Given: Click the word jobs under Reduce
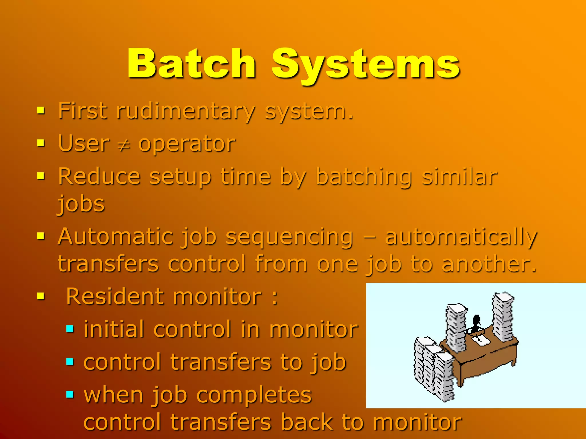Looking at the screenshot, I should (x=82, y=204).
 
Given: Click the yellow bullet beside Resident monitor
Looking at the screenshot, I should (x=41, y=296).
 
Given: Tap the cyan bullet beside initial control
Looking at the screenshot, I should (x=70, y=329).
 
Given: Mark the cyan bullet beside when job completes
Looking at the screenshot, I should (x=70, y=395).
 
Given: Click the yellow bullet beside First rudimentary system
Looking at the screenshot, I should (x=41, y=110).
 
